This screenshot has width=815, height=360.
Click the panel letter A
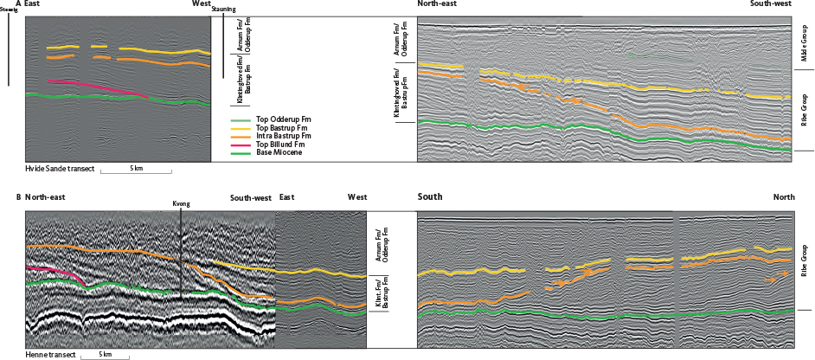(18, 4)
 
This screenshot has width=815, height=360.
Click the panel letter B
(18, 197)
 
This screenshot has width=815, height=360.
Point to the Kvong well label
(182, 205)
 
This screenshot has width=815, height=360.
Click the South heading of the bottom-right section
(430, 197)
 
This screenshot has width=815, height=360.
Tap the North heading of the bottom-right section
(784, 197)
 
